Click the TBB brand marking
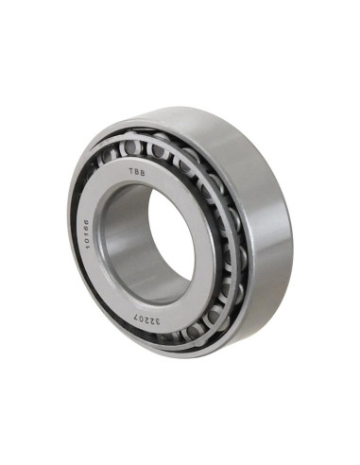point(137,172)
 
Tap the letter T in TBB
point(130,171)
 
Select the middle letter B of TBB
point(136,172)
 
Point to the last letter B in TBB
point(143,174)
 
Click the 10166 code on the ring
point(85,233)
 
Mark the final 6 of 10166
point(84,222)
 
